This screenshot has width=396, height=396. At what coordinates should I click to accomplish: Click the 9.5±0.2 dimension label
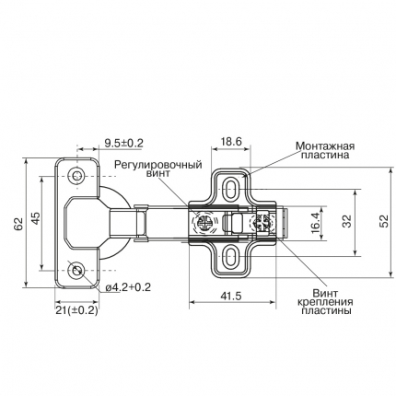tap(124, 143)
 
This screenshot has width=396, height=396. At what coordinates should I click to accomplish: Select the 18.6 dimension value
tap(231, 142)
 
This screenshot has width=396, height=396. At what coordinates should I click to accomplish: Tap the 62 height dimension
tap(18, 224)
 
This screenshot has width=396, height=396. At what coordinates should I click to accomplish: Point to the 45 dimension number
tap(36, 218)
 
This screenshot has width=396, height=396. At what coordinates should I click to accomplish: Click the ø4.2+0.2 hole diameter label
tap(128, 287)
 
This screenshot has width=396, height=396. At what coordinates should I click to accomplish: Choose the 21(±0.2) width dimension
tap(76, 310)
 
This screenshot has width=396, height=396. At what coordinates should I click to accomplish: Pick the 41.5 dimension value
tap(231, 296)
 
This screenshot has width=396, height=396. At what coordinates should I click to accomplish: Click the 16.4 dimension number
tap(316, 223)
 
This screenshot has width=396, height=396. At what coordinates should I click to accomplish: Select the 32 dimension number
tap(347, 221)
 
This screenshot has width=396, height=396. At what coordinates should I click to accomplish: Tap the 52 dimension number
tap(384, 221)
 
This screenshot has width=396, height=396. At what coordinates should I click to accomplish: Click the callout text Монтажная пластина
tap(325, 150)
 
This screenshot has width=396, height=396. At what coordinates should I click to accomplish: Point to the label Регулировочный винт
tap(158, 169)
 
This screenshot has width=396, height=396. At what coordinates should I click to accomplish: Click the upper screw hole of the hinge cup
tap(77, 176)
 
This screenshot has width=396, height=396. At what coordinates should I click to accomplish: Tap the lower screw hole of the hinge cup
tap(77, 271)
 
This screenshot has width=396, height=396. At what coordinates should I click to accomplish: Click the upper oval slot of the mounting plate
tap(230, 188)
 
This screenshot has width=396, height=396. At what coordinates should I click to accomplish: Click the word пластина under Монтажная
tap(325, 155)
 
